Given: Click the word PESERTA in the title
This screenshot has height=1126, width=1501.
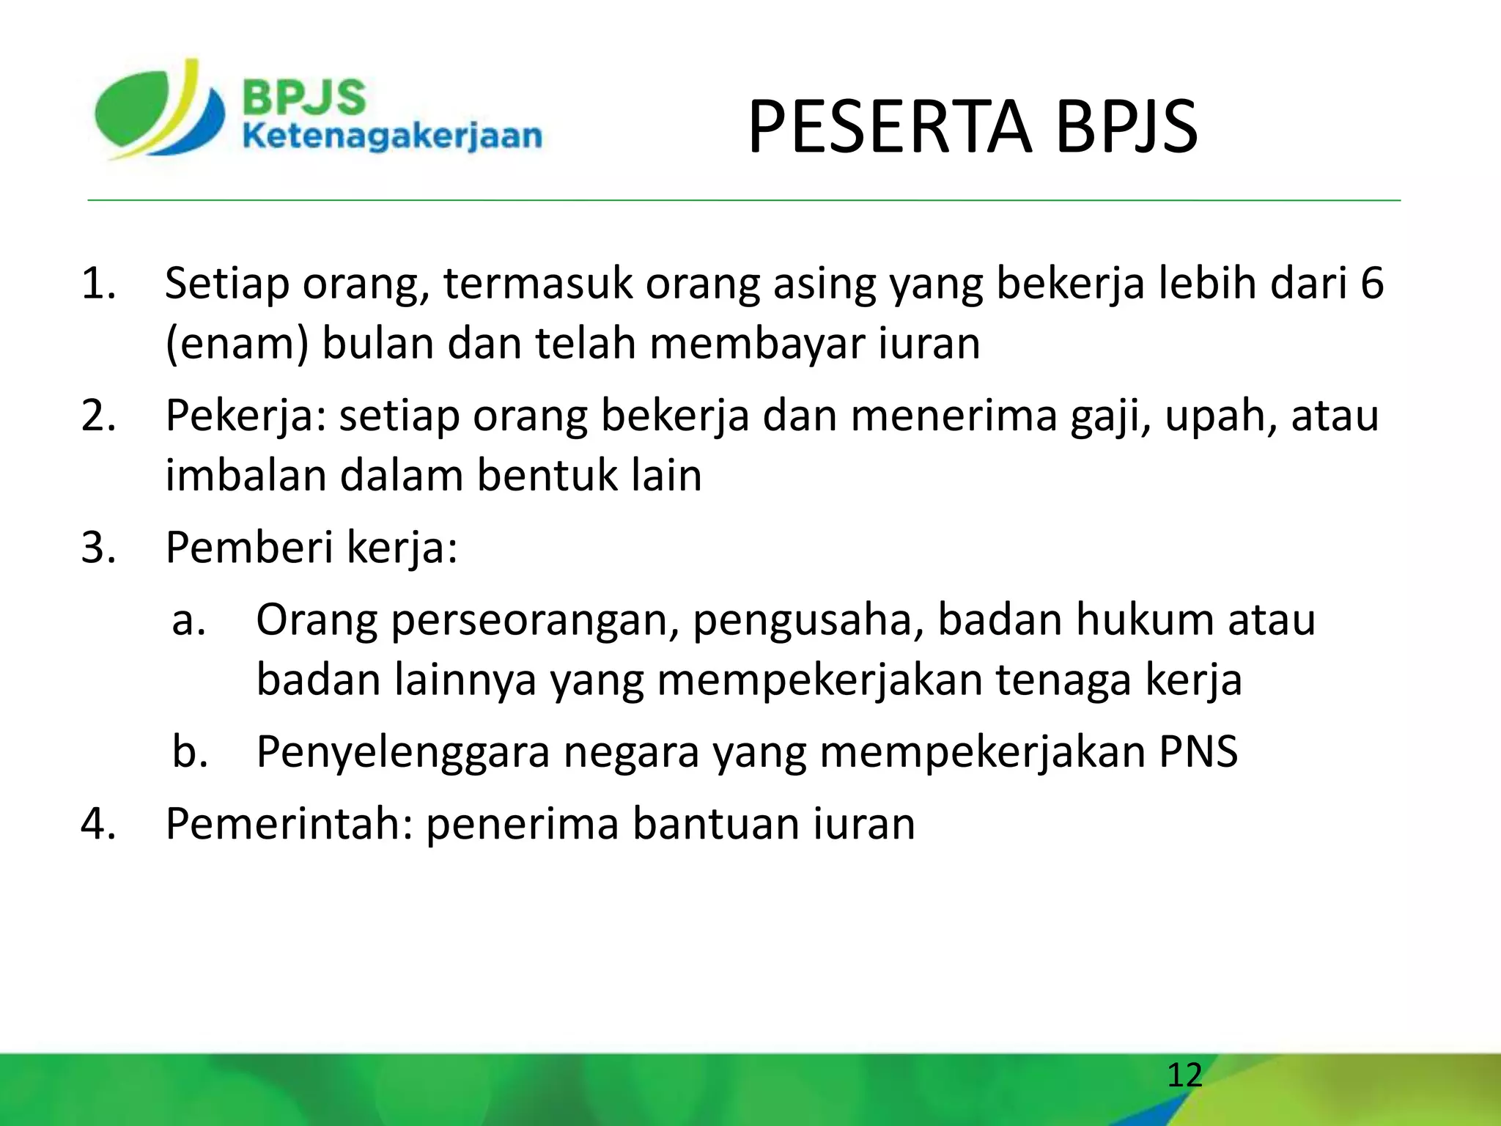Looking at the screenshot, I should pos(889,128).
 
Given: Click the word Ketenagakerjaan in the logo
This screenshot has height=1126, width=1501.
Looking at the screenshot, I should pos(392,136).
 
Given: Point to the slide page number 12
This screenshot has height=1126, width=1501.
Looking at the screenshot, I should pos(1184,1075).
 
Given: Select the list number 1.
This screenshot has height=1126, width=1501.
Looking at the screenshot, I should pos(98,284).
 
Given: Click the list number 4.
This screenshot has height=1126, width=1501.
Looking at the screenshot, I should pos(98,824).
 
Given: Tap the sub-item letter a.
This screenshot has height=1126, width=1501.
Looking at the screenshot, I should pos(188,620).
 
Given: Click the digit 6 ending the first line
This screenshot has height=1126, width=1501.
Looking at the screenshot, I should pos(1372,284).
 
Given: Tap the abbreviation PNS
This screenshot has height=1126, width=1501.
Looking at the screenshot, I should pos(1198,751).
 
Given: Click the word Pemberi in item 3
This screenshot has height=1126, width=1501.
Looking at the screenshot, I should pos(249,548).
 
